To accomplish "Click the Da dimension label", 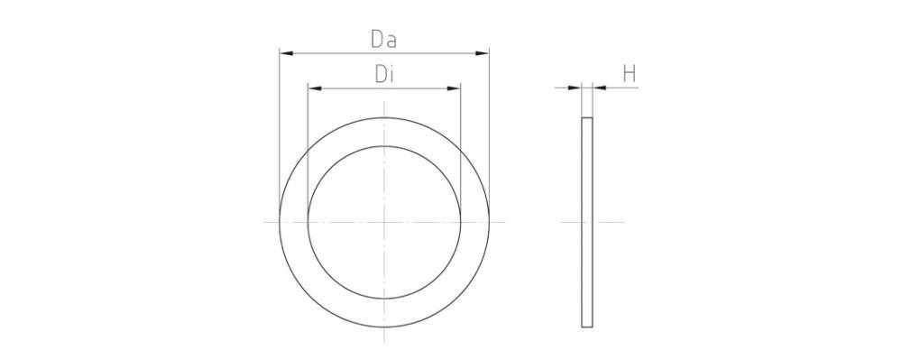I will [384, 41].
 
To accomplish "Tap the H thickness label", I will [630, 75].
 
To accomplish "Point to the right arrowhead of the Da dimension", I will [483, 53].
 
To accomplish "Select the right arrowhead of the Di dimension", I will [456, 88].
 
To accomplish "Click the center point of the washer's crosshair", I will [384, 221].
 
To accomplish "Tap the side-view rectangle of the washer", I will [587, 221].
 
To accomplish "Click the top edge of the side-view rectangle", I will [587, 117].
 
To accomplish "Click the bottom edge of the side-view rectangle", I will [587, 325].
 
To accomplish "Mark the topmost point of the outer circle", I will [384, 116].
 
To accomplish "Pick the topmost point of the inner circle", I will [384, 145].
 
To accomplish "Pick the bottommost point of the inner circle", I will [384, 297].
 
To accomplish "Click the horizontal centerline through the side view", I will [613, 221].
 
